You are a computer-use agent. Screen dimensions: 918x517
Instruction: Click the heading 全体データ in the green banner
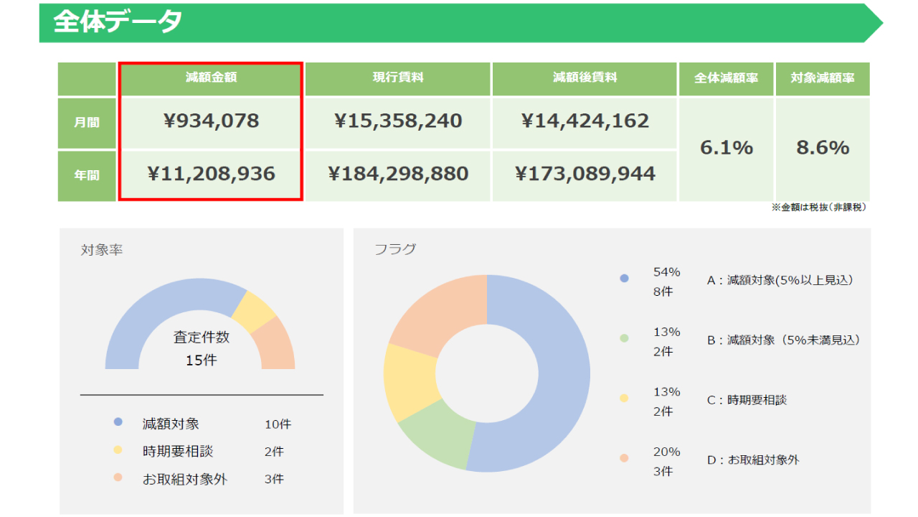point(118,22)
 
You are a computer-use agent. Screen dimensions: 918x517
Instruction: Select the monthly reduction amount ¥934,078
point(211,121)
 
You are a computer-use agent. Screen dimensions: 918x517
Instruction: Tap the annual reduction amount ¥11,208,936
point(211,174)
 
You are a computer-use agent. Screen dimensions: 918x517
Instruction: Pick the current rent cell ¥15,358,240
point(398,121)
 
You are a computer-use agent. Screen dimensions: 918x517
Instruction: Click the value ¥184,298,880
point(398,174)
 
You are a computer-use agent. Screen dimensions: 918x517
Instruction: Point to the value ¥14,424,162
point(585,121)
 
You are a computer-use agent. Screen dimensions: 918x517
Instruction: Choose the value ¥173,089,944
point(585,174)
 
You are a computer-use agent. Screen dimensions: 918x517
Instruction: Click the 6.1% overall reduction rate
point(727,148)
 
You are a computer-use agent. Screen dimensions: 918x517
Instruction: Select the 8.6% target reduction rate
point(823,148)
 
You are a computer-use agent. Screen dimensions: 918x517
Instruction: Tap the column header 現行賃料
point(398,77)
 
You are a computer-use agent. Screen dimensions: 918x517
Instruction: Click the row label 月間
point(87,122)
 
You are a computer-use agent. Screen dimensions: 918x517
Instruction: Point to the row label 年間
point(87,175)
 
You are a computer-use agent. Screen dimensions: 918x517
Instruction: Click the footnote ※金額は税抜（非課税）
point(819,208)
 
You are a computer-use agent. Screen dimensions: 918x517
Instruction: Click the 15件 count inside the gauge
point(202,360)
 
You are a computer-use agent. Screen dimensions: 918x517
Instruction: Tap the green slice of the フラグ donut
point(437,433)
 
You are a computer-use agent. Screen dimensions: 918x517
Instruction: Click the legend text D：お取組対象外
point(753,460)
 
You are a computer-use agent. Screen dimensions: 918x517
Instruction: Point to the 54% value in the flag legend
point(667,272)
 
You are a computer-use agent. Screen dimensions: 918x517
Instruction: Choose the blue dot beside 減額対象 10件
point(118,422)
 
